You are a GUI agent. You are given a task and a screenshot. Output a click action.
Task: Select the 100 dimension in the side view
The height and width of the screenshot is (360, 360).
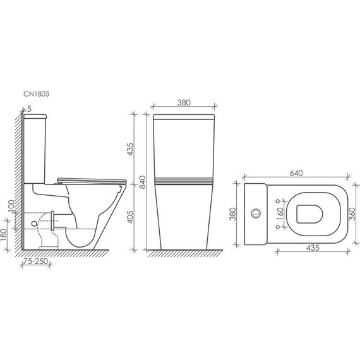point(11,207)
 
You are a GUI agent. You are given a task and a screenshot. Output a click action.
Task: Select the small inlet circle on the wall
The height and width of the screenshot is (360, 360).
point(32,224)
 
